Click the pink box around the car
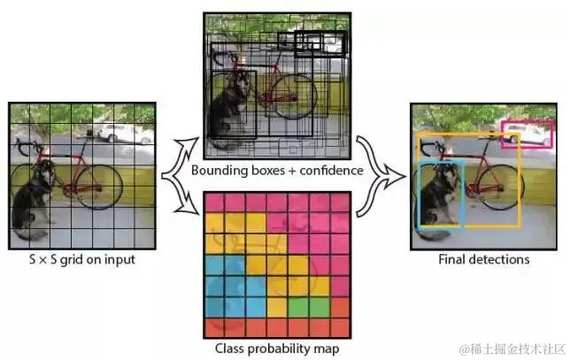point(528,134)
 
